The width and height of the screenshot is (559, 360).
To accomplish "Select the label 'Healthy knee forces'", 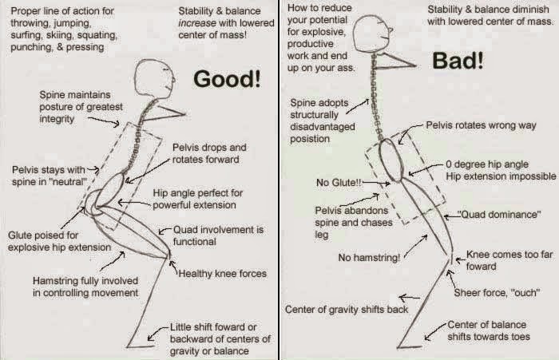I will click(223, 274).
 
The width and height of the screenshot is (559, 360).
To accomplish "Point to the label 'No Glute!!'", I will click(339, 183).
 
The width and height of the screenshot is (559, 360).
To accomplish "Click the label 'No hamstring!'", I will click(369, 258).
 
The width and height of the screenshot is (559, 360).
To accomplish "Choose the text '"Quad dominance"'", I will click(499, 216).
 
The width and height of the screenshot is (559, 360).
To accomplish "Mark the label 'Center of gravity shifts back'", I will click(345, 309).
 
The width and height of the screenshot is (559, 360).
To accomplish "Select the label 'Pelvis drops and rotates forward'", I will click(209, 154).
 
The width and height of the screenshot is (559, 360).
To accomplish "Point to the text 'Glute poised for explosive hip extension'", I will click(58, 241).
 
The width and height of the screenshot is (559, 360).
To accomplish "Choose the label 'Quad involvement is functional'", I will click(219, 235).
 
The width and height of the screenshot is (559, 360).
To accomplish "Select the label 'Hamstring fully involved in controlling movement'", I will click(85, 287).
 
